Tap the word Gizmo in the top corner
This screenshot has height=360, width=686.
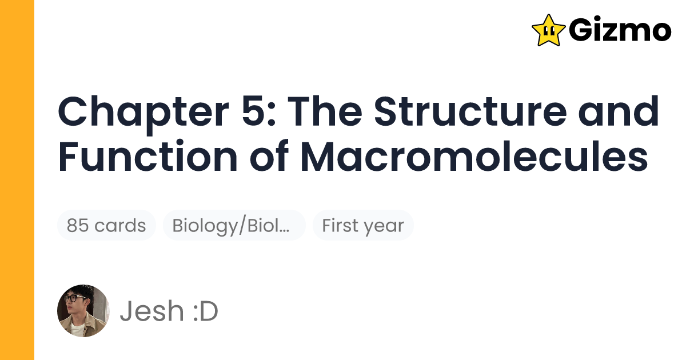620,30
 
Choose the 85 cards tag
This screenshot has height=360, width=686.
106,226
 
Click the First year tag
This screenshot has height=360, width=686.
363,226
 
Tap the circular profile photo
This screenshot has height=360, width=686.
83,311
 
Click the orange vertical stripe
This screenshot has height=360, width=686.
17,180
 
